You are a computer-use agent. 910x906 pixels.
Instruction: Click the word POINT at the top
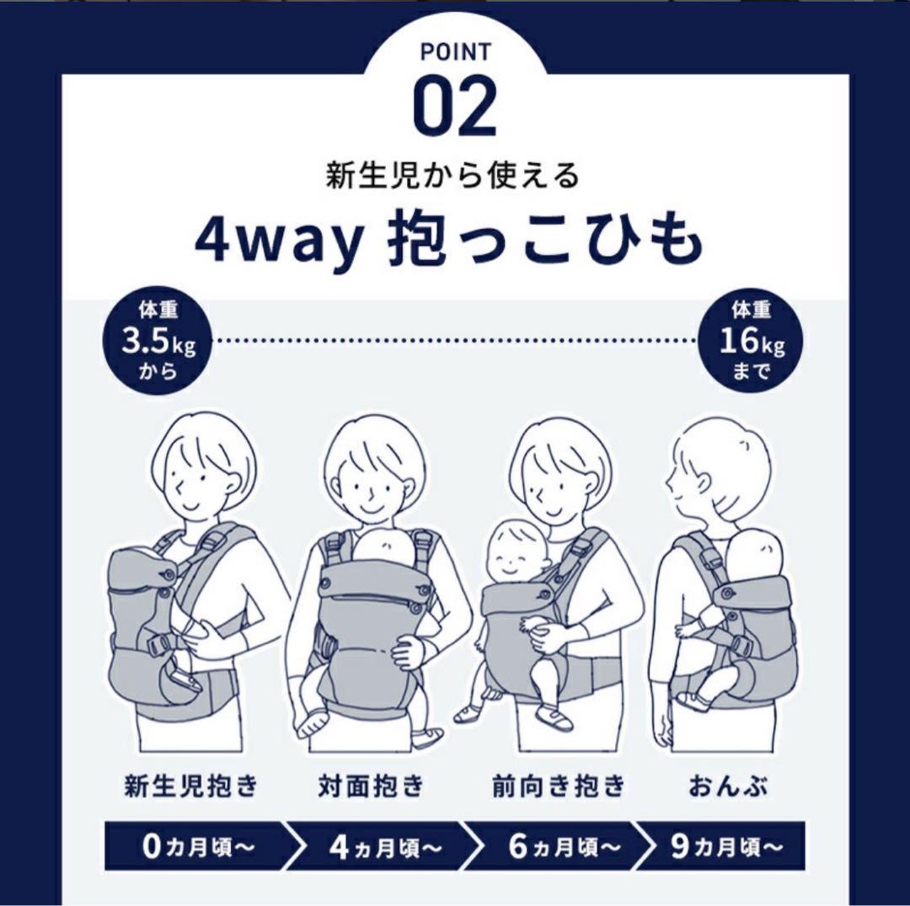click(x=455, y=52)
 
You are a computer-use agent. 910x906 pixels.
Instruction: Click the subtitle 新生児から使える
click(x=454, y=176)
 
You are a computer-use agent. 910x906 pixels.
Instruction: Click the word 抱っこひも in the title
click(x=544, y=241)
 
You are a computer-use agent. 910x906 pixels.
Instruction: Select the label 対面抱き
click(x=371, y=786)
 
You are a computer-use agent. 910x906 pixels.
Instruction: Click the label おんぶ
click(x=729, y=786)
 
